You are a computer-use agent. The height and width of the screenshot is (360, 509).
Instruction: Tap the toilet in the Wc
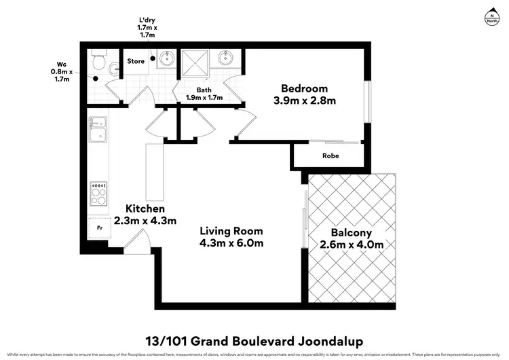coord(100,64)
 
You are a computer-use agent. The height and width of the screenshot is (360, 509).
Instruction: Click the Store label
coord(136,61)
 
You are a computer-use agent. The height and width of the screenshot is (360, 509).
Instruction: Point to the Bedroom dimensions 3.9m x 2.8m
coord(305,101)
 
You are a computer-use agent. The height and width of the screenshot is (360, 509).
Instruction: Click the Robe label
coord(331,156)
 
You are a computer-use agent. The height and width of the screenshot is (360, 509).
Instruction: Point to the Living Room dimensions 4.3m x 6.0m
coord(231,242)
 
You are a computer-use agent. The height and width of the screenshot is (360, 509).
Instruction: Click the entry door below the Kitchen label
coord(138,240)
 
